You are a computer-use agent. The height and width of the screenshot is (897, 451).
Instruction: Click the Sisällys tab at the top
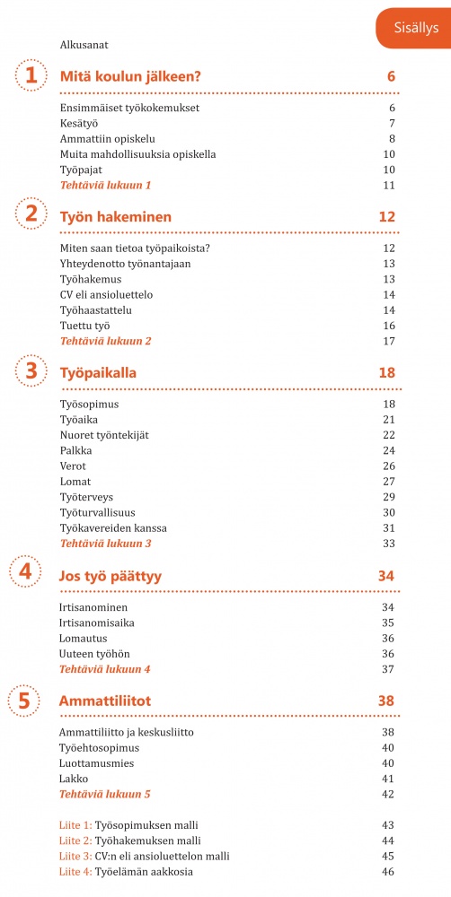[x=416, y=28]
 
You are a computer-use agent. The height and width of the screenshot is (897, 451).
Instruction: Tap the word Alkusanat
[x=84, y=44]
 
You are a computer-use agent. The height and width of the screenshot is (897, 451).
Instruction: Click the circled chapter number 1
[x=31, y=76]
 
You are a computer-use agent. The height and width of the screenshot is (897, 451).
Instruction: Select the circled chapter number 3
[x=31, y=370]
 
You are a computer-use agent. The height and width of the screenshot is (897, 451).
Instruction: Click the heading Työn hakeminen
[x=115, y=217]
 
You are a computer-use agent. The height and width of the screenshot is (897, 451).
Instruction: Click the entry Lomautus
[x=83, y=639]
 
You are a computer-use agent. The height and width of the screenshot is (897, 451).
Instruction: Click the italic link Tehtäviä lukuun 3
[x=105, y=544]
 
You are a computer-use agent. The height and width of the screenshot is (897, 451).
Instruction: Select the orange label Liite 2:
[x=75, y=840]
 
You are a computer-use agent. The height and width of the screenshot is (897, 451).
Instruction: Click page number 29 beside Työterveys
[x=389, y=497]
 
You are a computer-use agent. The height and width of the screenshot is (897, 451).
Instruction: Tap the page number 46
[x=389, y=872]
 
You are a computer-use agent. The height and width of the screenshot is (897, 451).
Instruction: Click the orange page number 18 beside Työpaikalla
[x=387, y=370]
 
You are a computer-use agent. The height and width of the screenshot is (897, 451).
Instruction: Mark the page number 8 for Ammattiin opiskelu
[x=393, y=139]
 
